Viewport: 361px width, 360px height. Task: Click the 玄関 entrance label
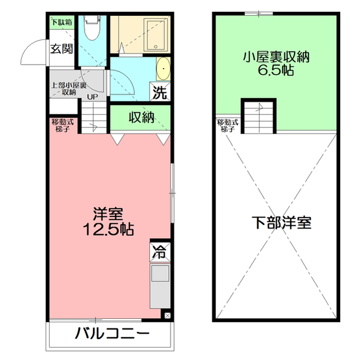(x=61, y=48)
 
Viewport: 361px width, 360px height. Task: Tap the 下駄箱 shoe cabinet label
(x=61, y=23)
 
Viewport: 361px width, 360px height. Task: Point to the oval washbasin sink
(x=162, y=68)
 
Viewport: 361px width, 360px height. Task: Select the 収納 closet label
(x=141, y=118)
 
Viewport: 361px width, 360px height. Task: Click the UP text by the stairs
(x=92, y=96)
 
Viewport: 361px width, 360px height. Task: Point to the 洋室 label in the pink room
(x=108, y=215)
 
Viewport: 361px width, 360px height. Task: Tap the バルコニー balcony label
(x=112, y=334)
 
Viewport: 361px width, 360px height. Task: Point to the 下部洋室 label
(x=281, y=222)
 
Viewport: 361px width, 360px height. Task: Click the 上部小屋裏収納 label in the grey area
(x=69, y=88)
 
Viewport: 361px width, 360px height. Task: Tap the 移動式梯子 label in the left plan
(x=61, y=126)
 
